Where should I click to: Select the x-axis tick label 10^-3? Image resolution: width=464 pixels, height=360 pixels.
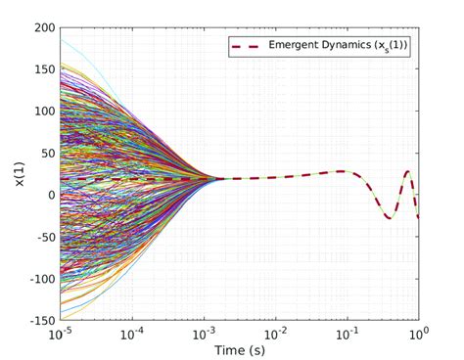tap(203, 334)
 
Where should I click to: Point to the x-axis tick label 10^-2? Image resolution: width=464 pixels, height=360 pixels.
tap(274, 334)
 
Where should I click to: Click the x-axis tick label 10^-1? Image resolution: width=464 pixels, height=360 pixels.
tap(347, 334)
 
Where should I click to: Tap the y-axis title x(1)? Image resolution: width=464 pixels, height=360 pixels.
tap(17, 174)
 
